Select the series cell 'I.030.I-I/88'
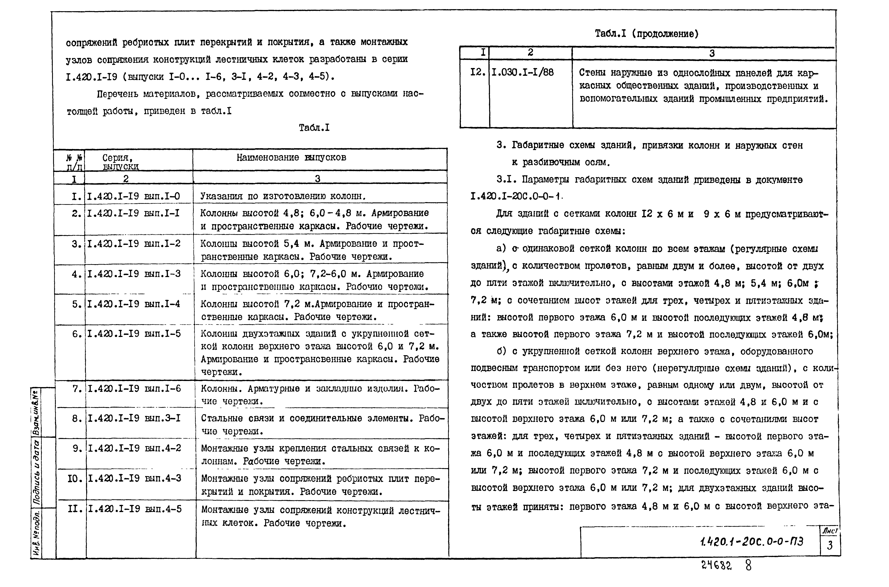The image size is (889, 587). [x=522, y=72]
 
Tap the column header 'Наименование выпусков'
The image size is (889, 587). [x=291, y=158]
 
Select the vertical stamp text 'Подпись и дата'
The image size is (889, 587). [x=36, y=472]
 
